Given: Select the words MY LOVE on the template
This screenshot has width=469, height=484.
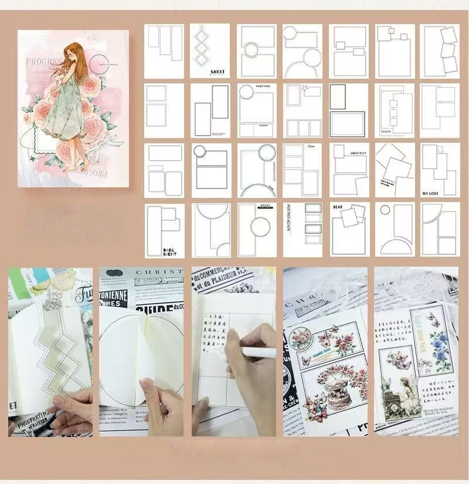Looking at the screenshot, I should point(431,193).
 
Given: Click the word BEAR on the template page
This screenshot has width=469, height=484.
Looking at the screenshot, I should point(338,207).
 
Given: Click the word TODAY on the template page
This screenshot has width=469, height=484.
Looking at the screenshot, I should point(385,132).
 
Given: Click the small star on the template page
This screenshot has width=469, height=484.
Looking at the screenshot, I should point(305,88).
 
